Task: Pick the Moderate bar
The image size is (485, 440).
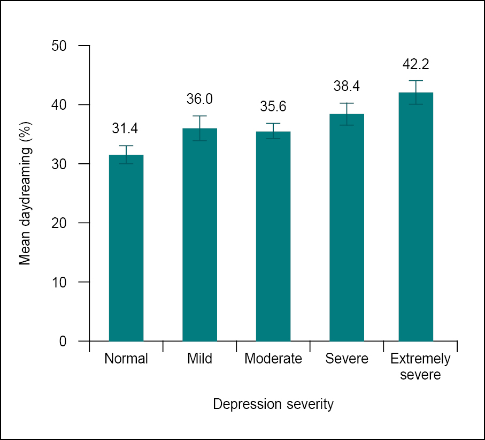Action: (x=273, y=236)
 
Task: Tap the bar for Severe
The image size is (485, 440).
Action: (x=347, y=227)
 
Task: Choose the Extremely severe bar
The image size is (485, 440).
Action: (x=416, y=217)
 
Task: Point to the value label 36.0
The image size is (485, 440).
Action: (x=199, y=99)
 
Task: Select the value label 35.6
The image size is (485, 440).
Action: (x=273, y=107)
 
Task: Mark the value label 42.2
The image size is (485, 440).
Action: (x=416, y=64)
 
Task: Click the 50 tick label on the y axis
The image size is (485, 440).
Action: (x=59, y=45)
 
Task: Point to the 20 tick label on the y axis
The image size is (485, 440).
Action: (x=59, y=223)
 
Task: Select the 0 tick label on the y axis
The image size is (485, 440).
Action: (x=63, y=341)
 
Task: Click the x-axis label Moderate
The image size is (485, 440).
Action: (x=273, y=359)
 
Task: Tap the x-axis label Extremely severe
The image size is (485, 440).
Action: (x=420, y=366)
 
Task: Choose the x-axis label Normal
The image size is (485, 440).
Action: (x=126, y=359)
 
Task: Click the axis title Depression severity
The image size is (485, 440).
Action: (x=273, y=404)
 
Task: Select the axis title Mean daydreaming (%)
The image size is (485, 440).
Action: (x=25, y=193)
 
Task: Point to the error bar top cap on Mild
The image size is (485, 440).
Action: (x=199, y=116)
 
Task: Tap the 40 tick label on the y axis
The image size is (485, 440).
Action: (x=59, y=104)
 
